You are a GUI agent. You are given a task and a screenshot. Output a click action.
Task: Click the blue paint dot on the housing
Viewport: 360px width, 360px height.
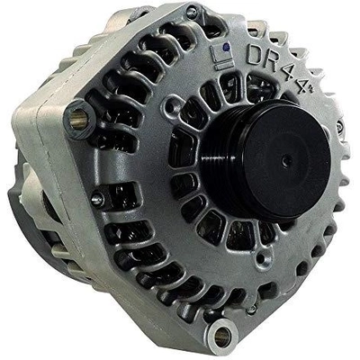point(227,47)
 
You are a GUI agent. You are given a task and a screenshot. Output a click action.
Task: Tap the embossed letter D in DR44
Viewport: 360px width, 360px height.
point(255,54)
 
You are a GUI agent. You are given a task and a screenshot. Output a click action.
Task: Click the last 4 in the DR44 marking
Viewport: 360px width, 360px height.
point(303,84)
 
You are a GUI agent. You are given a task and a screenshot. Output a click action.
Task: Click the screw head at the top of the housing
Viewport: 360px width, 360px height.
point(191,12)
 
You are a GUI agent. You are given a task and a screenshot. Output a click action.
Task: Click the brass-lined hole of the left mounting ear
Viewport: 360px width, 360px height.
point(78,118)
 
